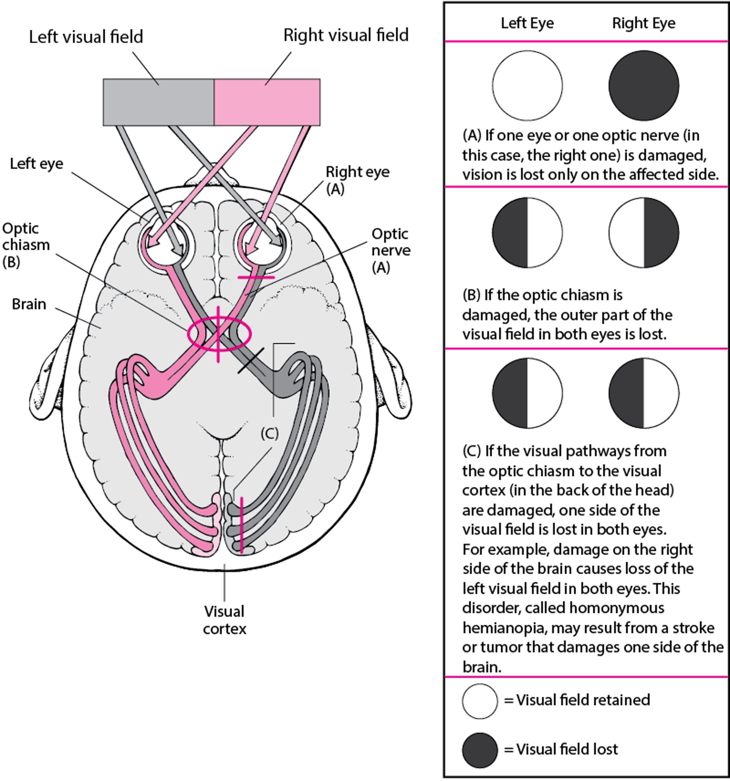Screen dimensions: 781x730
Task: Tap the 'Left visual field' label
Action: [x=86, y=37]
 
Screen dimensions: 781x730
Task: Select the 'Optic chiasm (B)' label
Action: [x=25, y=245]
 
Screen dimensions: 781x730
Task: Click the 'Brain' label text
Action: [x=29, y=304]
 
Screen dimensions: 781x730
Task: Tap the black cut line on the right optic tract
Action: [x=251, y=360]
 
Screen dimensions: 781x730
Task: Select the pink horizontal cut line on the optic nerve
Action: [x=256, y=277]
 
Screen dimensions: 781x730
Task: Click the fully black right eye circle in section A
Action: [x=644, y=85]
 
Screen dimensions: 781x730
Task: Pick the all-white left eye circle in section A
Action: [x=527, y=85]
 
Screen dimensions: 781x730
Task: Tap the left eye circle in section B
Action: [x=527, y=233]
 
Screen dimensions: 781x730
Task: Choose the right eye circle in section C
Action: [x=644, y=393]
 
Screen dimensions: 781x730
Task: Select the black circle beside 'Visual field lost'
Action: [x=479, y=750]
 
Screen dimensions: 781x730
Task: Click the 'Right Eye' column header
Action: [x=643, y=23]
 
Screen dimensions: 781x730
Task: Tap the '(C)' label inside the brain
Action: [x=270, y=434]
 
